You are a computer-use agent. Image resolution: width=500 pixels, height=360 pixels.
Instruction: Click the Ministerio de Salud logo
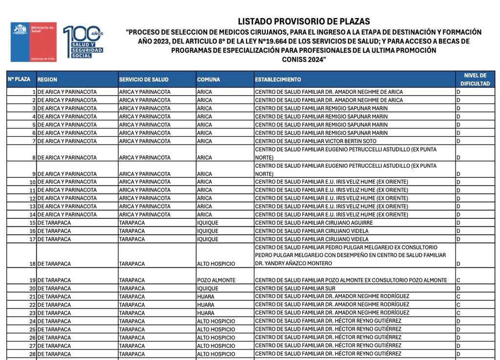coord(33,42)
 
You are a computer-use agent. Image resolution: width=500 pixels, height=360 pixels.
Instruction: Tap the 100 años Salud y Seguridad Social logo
coord(83,42)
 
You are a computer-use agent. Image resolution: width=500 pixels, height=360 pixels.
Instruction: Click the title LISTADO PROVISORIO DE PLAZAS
coord(304,21)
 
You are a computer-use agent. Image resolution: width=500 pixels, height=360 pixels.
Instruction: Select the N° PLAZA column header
coord(19,79)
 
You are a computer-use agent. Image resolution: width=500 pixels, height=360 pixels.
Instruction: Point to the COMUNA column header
coord(208,80)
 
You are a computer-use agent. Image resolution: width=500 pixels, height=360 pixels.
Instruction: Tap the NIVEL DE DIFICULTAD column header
coord(475,80)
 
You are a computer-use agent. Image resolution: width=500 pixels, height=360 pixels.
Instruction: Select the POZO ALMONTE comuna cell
coord(216,280)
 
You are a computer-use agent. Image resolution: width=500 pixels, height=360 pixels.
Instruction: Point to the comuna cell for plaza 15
coord(208,223)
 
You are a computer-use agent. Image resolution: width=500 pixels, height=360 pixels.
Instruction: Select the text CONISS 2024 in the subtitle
coord(304,59)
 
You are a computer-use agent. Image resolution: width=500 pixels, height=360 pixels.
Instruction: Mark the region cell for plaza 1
coord(67,92)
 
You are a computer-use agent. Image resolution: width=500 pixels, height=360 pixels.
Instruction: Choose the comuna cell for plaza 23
coord(206,313)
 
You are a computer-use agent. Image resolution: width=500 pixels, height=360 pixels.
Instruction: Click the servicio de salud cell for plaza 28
coord(132,354)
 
